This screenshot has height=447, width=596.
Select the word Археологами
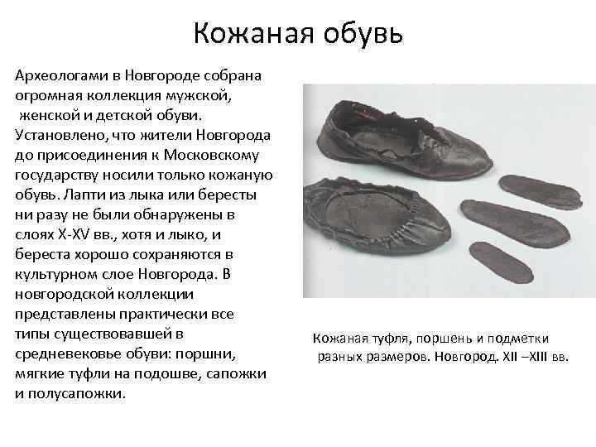[x=62, y=75]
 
